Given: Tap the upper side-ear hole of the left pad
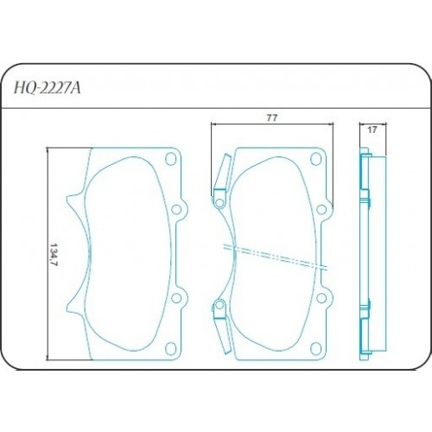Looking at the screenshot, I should coord(179,207).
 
